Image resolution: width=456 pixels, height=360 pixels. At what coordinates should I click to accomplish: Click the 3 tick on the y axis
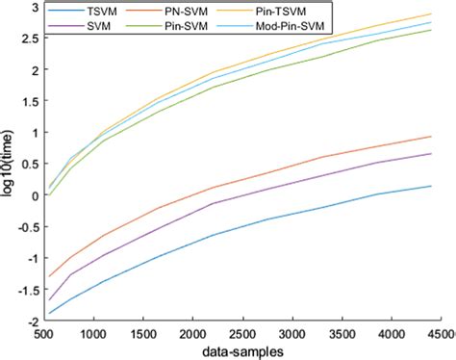pyautogui.click(x=33, y=7)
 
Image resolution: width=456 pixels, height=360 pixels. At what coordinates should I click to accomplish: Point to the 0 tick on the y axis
pyautogui.click(x=33, y=195)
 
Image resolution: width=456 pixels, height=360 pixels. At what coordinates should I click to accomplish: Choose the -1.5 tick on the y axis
pyautogui.click(x=25, y=290)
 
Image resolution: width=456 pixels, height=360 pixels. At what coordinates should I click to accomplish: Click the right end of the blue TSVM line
pyautogui.click(x=430, y=186)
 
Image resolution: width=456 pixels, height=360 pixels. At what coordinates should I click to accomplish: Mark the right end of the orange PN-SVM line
pyautogui.click(x=430, y=137)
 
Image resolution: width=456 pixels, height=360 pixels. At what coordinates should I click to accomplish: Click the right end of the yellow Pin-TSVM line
pyautogui.click(x=430, y=14)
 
